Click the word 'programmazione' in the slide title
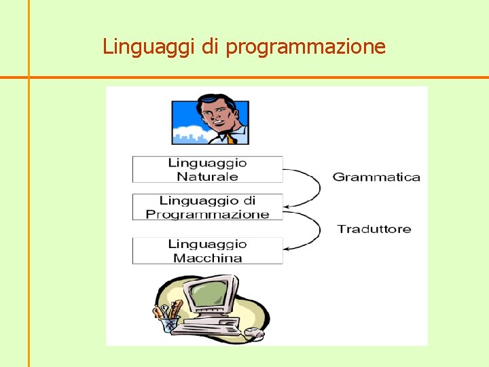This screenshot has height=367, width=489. click(x=306, y=47)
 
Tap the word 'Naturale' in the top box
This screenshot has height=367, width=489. click(x=207, y=176)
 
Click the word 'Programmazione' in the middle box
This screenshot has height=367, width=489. click(x=207, y=214)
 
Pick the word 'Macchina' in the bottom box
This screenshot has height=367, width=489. click(x=207, y=258)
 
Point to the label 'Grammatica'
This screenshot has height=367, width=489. click(x=376, y=177)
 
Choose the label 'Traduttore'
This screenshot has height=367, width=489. click(x=374, y=228)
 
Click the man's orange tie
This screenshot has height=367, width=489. click(x=231, y=139)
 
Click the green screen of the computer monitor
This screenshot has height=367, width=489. click(x=207, y=294)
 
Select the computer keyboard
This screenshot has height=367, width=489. click(x=215, y=324)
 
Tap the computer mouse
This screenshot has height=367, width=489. click(x=253, y=333)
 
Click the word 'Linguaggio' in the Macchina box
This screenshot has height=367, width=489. click(x=207, y=244)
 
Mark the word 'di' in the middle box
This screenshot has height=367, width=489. click(x=249, y=200)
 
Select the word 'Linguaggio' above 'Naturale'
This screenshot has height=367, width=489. click(x=207, y=162)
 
